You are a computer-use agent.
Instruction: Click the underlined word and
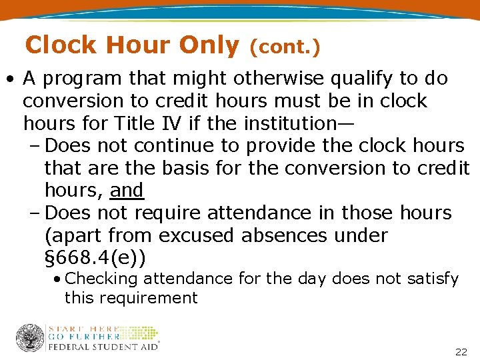127,191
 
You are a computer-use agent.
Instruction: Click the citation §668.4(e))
95,258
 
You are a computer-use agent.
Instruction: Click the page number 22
460,351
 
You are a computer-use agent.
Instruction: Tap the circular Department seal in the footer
30,338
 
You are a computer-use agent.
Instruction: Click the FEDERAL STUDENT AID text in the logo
102,347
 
